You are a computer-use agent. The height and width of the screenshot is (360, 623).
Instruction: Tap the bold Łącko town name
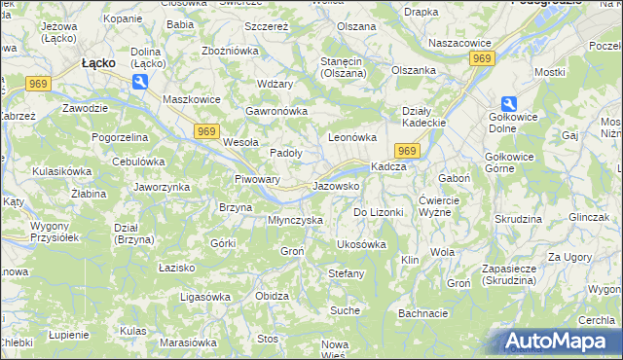(x=99, y=62)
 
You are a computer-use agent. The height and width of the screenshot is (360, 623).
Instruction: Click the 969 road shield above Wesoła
(x=205, y=130)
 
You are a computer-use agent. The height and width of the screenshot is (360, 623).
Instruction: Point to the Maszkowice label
(x=166, y=99)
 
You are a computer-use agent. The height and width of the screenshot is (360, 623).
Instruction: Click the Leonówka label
(x=351, y=138)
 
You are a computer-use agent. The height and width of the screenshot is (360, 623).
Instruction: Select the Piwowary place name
(x=258, y=179)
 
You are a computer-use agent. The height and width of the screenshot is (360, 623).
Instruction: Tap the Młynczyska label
(x=295, y=220)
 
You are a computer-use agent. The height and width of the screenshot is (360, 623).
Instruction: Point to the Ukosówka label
(x=360, y=244)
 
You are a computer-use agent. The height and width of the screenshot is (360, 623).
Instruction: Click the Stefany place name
(x=346, y=273)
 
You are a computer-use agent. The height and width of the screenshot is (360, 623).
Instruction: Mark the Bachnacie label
(x=422, y=313)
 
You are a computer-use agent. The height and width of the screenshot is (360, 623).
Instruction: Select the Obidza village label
(x=272, y=296)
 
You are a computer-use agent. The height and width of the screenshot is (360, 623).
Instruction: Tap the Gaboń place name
(x=455, y=179)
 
